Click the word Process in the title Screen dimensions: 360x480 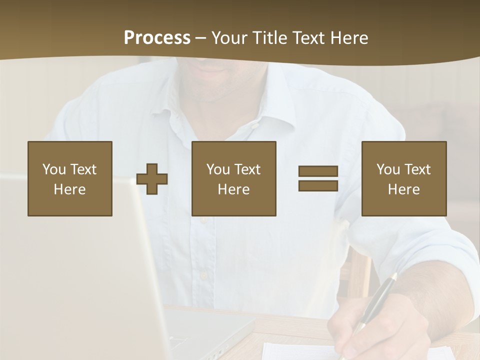pyautogui.click(x=157, y=38)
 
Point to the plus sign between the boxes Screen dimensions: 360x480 pyautogui.click(x=152, y=179)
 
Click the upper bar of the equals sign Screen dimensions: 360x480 pyautogui.click(x=318, y=171)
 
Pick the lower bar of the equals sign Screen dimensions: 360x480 pyautogui.click(x=318, y=185)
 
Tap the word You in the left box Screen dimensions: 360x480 pyautogui.click(x=54, y=169)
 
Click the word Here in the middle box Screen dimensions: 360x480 pyautogui.click(x=234, y=189)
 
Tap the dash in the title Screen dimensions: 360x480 pyautogui.click(x=201, y=38)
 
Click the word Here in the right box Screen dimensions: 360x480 pyautogui.click(x=404, y=189)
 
